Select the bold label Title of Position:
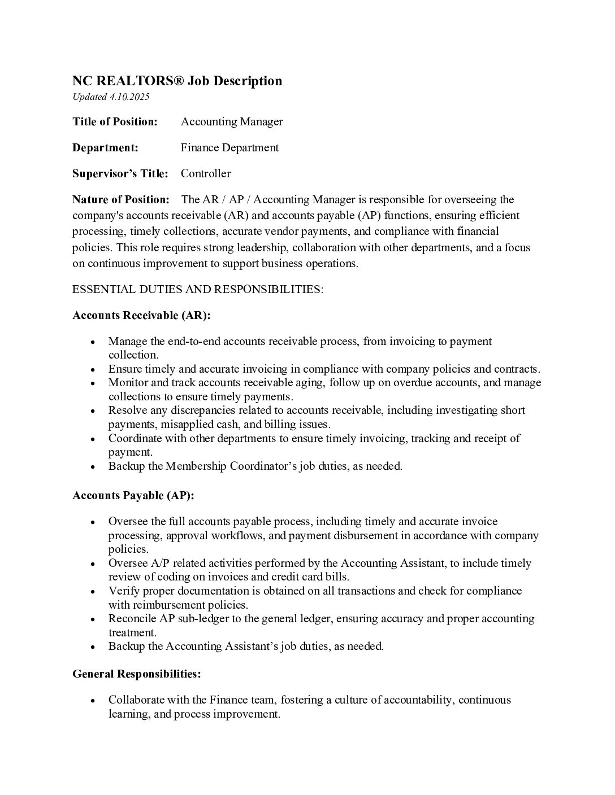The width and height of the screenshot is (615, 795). (x=115, y=121)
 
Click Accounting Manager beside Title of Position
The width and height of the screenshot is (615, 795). (x=232, y=121)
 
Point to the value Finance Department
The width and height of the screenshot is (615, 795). (x=229, y=147)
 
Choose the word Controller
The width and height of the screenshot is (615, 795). (x=206, y=173)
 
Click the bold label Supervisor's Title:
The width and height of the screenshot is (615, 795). (x=120, y=173)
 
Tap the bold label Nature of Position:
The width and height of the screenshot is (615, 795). (x=120, y=199)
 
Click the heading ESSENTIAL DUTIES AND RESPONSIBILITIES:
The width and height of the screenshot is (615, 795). (x=198, y=289)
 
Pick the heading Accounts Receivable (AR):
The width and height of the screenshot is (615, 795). (x=141, y=315)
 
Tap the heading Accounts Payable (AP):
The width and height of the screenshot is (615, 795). (x=133, y=495)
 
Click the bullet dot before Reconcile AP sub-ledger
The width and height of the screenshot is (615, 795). (x=92, y=619)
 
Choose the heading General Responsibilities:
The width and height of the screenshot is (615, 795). (x=137, y=674)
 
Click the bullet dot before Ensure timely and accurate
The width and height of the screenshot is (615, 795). (x=92, y=369)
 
